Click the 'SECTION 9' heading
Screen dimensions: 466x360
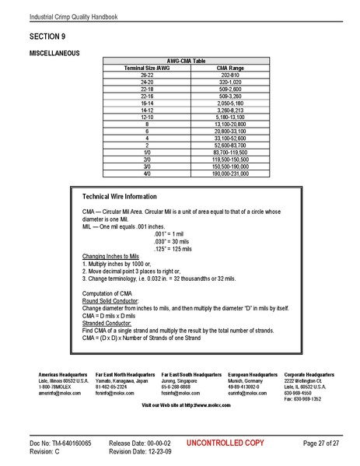pyautogui.click(x=47, y=37)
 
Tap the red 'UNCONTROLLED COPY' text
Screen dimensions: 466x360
pyautogui.click(x=219, y=442)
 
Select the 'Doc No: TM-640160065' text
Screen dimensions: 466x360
pyautogui.click(x=61, y=442)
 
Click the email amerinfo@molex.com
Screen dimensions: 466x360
pyautogui.click(x=56, y=393)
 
